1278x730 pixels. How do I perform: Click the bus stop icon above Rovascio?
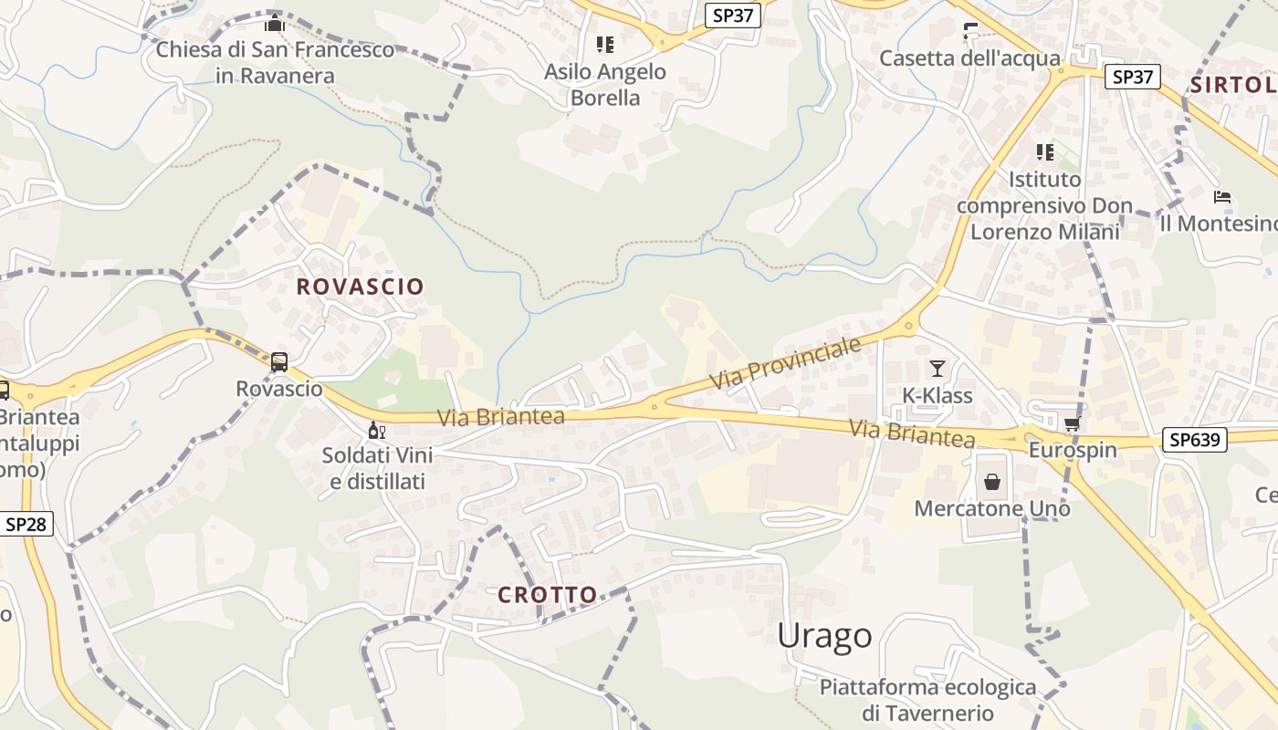pos(279,362)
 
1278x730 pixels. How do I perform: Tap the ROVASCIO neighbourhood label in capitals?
pos(361,287)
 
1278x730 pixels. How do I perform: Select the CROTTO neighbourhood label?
pos(548,595)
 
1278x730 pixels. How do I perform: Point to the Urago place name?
pos(824,636)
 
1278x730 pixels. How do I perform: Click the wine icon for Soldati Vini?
pos(376,430)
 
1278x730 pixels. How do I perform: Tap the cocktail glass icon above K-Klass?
pos(938,369)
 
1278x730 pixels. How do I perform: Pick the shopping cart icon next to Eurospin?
pos(1072,424)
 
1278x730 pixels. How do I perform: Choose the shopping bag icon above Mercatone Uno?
pos(992,481)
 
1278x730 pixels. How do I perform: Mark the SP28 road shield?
pos(28,524)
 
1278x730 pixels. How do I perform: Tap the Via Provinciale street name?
pos(786,364)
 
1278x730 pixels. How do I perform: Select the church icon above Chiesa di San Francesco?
pos(275,24)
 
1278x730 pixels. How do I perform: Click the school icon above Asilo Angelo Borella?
pos(604,44)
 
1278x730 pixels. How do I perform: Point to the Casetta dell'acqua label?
pos(969,58)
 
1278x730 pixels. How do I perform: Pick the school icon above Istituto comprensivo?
pos(1044,151)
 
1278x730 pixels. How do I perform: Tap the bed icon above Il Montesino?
pos(1222,197)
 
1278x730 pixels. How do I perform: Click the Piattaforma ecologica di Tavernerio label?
pos(927,700)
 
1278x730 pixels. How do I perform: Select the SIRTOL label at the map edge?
pos(1233,86)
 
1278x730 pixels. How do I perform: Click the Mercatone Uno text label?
pos(992,508)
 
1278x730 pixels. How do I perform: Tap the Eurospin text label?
pos(1073,451)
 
